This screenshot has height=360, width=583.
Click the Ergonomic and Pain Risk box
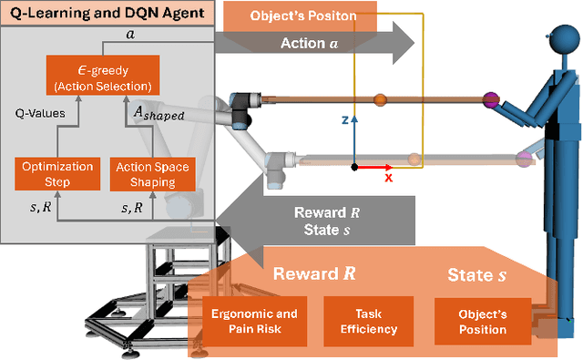(249, 321)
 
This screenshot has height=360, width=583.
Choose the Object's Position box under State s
(482, 321)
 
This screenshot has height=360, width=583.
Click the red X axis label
(388, 178)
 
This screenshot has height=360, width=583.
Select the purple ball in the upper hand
(494, 99)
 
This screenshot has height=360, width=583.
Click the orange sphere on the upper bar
(380, 98)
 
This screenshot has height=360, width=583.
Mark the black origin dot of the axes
(354, 167)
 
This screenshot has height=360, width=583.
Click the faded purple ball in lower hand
(523, 159)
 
